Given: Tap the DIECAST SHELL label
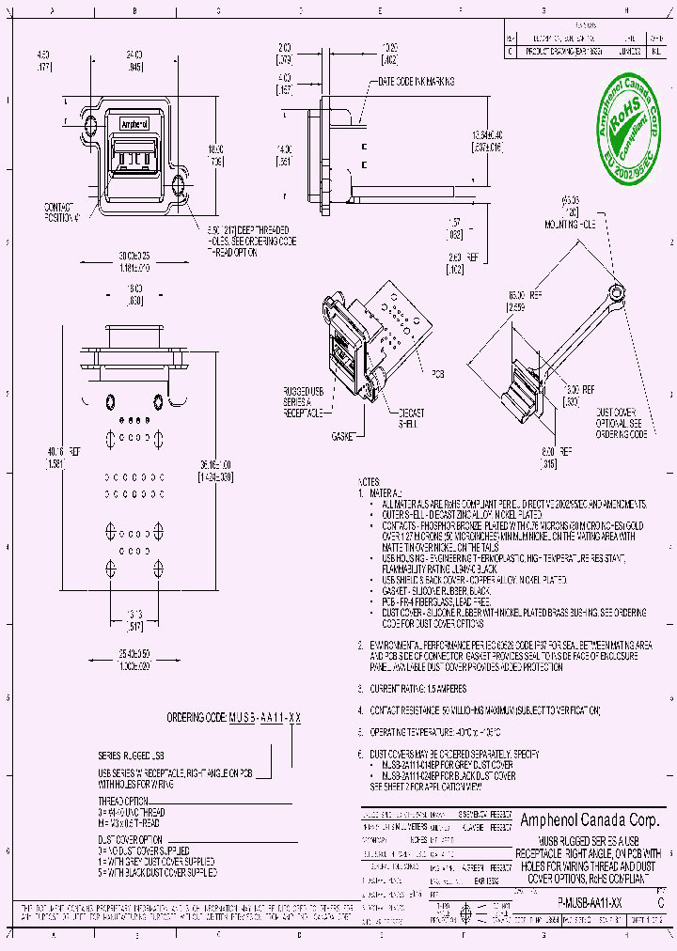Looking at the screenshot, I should pos(410,418).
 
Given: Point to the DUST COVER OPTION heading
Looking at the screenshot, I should pos(131,838).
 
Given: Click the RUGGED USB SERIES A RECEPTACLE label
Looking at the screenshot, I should pos(303,400).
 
